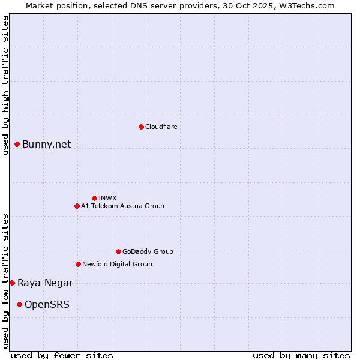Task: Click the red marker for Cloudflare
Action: pyautogui.click(x=141, y=127)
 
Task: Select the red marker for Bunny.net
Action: pyautogui.click(x=17, y=144)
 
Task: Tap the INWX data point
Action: pyautogui.click(x=94, y=198)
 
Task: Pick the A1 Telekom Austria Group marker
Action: pyautogui.click(x=77, y=206)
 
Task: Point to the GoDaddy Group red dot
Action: pyautogui.click(x=118, y=251)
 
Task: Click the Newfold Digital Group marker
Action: pyautogui.click(x=78, y=264)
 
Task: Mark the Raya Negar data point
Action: pyautogui.click(x=12, y=283)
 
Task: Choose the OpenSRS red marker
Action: pyautogui.click(x=19, y=304)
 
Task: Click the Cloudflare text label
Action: pyautogui.click(x=161, y=127)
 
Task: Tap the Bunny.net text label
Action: pyautogui.click(x=47, y=144)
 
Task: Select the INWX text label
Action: pyautogui.click(x=107, y=198)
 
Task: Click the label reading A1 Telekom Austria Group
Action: pyautogui.click(x=122, y=206)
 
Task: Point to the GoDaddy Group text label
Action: pyautogui.click(x=148, y=251)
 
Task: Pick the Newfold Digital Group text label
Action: pyautogui.click(x=117, y=264)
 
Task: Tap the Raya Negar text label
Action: pyautogui.click(x=45, y=283)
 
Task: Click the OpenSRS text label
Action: pyautogui.click(x=47, y=304)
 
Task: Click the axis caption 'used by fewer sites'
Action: pyautogui.click(x=62, y=355)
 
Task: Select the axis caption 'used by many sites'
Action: pyautogui.click(x=301, y=355)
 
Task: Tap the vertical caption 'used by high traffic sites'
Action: pyautogui.click(x=5, y=85)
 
